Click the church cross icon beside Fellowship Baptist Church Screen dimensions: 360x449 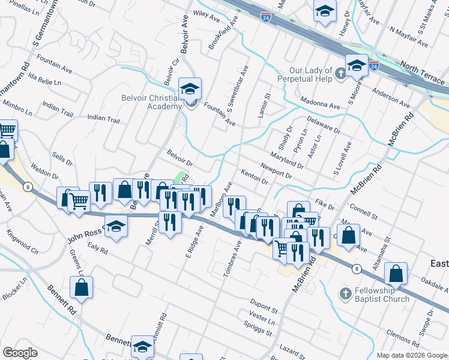345,294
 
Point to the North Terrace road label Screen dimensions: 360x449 423,68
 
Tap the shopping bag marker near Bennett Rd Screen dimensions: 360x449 82,288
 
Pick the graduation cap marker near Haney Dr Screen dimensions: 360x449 325,11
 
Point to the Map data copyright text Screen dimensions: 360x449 412,355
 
